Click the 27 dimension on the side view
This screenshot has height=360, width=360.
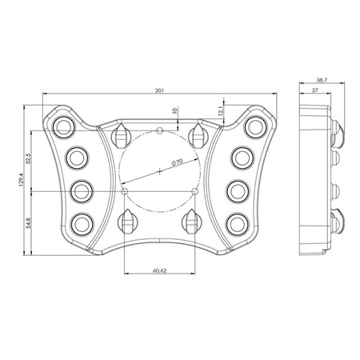pos(316,93)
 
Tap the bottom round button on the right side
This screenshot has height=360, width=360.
pos(238,223)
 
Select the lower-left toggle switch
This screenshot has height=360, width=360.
pos(128,221)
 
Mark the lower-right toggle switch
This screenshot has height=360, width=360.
pos(191,221)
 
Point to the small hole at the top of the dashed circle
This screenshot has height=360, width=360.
pos(160,130)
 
